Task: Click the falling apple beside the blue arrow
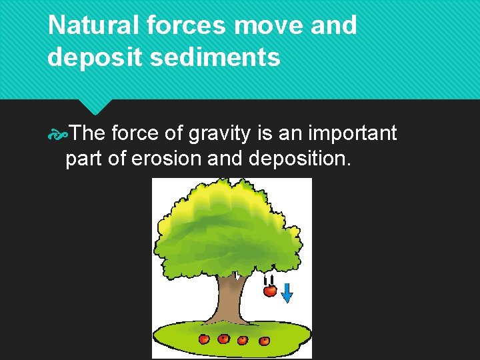click(270, 291)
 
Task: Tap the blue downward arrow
click(287, 291)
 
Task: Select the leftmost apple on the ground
click(205, 339)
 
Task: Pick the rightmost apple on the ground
click(265, 341)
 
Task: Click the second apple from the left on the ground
click(223, 339)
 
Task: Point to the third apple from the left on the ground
click(243, 341)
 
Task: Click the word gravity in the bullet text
click(219, 133)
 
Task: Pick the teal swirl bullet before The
click(58, 134)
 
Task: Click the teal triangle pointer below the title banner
click(97, 106)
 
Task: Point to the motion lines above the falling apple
click(269, 279)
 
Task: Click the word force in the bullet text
click(135, 133)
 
